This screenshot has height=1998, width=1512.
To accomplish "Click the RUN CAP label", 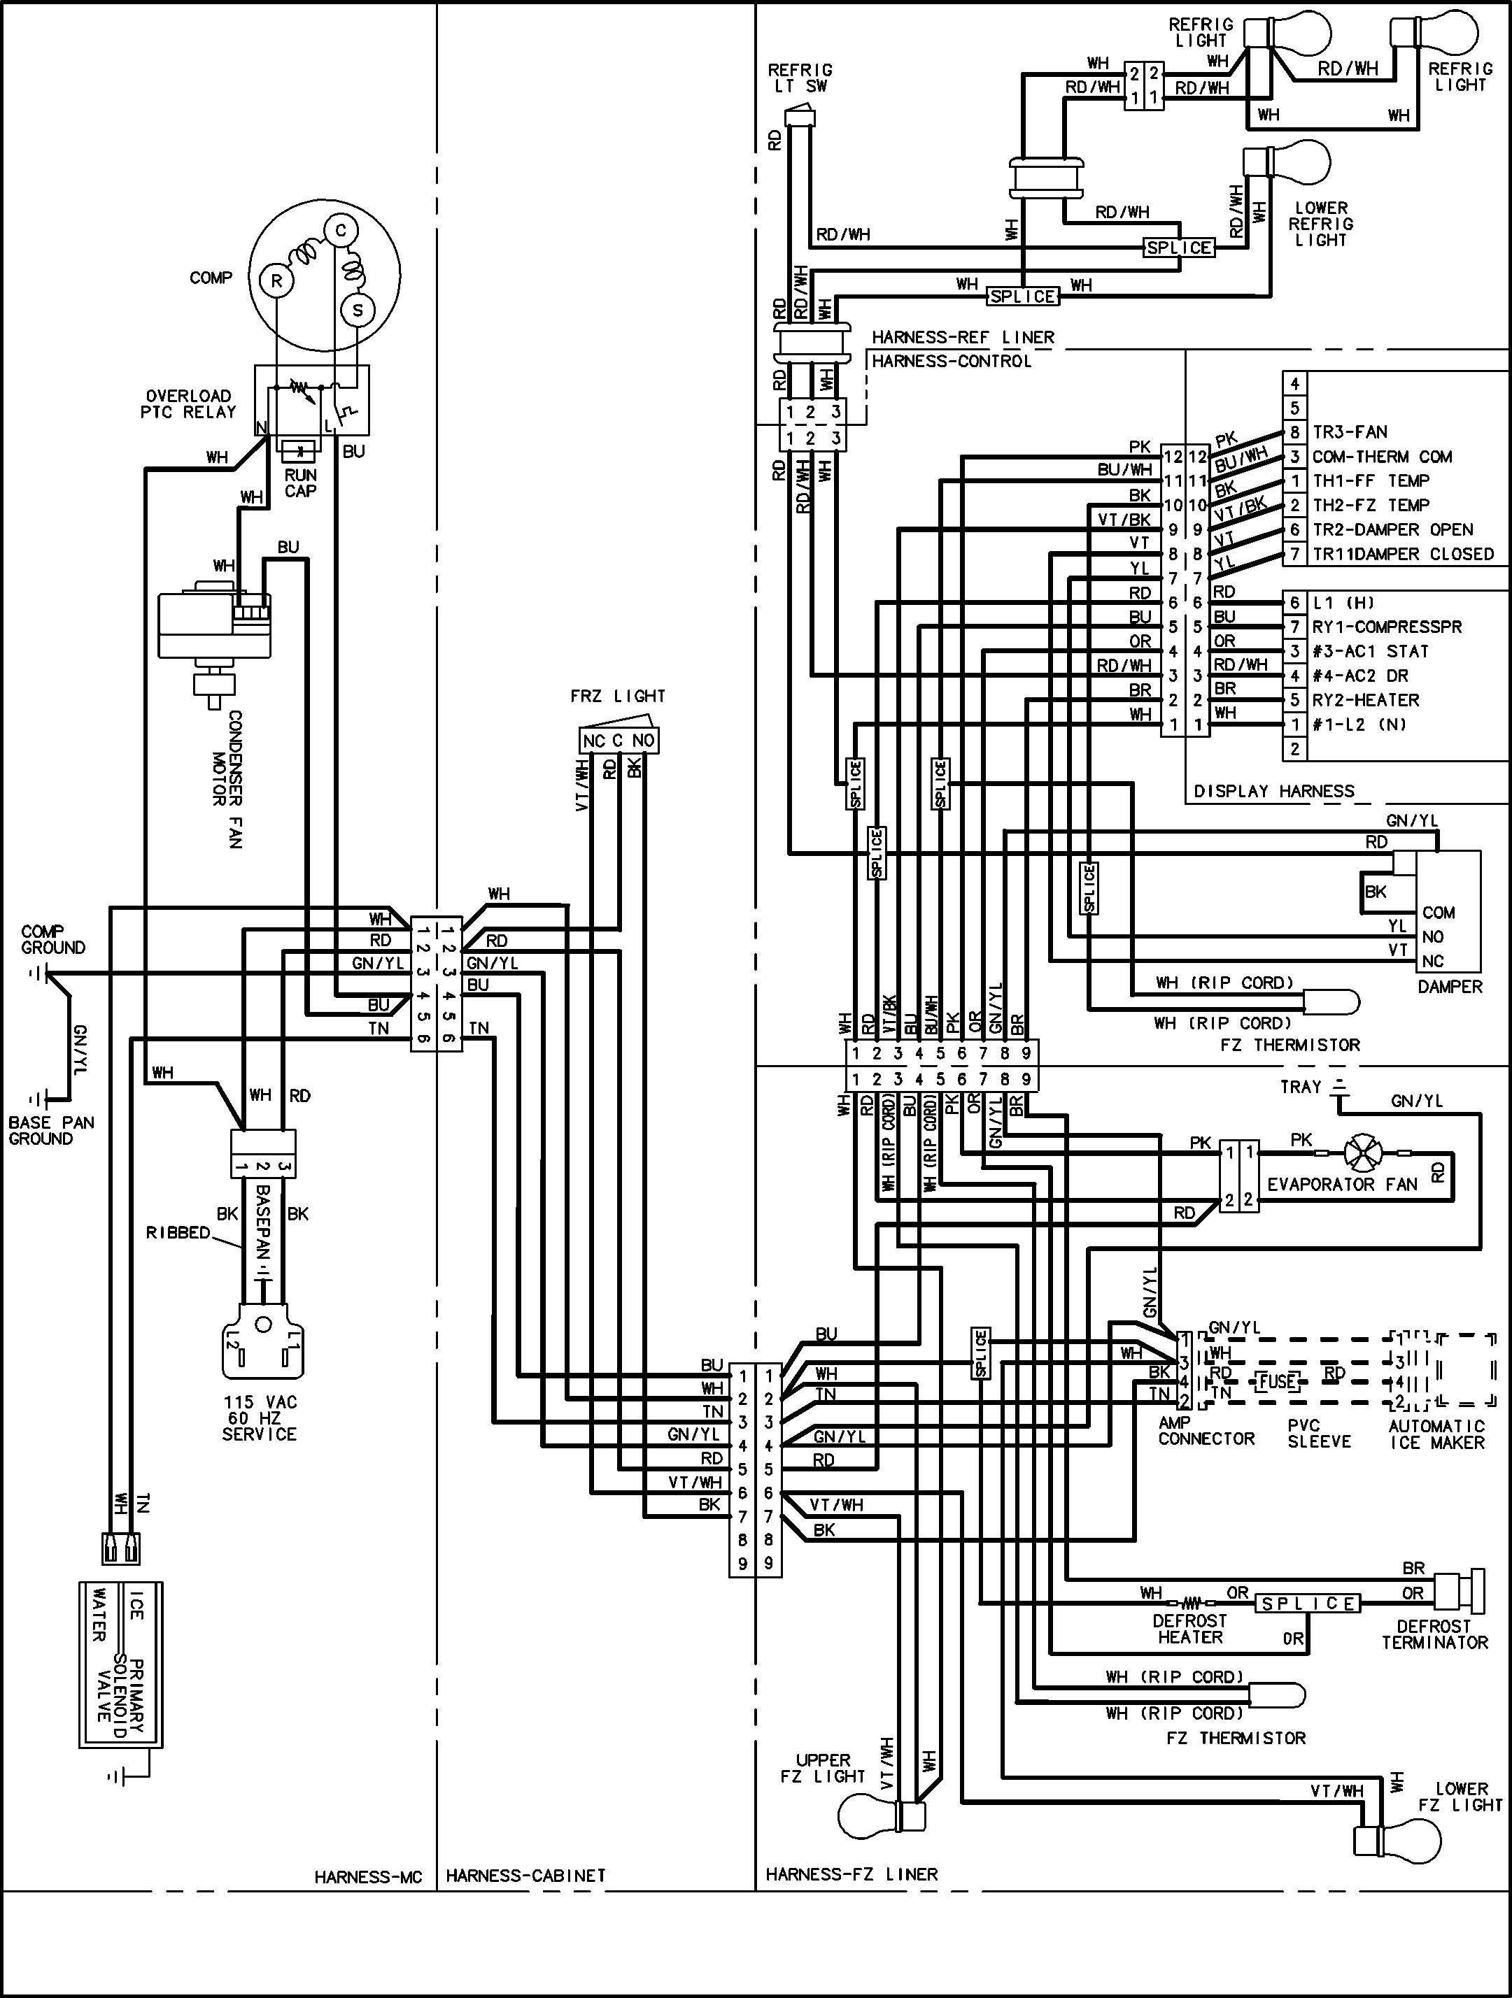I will [x=300, y=483].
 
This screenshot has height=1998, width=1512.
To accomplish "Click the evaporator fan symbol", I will [x=1362, y=1153].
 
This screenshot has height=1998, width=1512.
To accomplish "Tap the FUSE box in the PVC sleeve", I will [x=1277, y=1381].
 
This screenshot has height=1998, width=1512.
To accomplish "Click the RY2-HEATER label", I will [x=1366, y=700].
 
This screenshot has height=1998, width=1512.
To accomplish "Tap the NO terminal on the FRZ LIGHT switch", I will [x=644, y=741].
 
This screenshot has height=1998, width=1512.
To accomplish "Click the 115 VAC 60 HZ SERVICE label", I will [x=260, y=1418].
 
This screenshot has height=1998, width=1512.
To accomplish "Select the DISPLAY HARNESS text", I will [x=1273, y=791].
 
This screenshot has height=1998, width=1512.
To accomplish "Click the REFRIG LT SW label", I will [x=800, y=78].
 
